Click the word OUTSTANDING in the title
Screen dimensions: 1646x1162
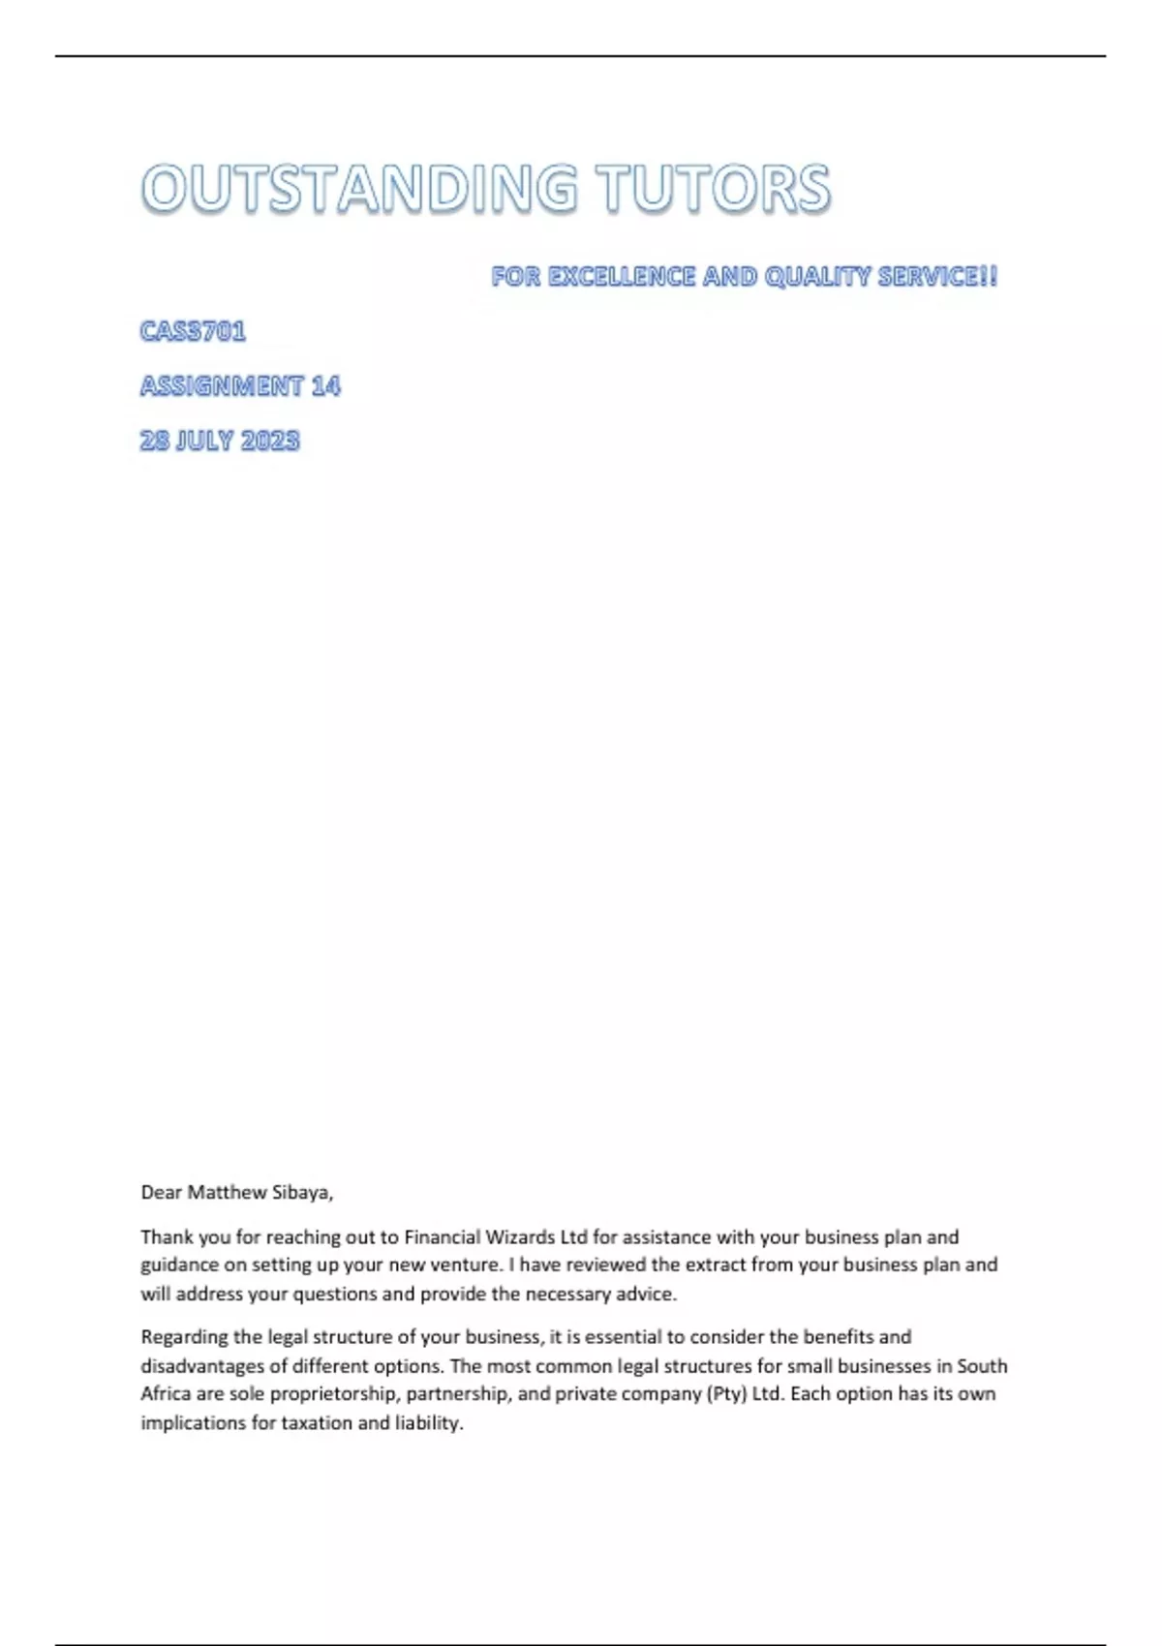(359, 188)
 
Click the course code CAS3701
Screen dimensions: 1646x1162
(193, 331)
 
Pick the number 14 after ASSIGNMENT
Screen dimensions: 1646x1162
(326, 386)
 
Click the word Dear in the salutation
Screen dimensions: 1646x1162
(161, 1193)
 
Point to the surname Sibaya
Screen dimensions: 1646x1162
(302, 1193)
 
